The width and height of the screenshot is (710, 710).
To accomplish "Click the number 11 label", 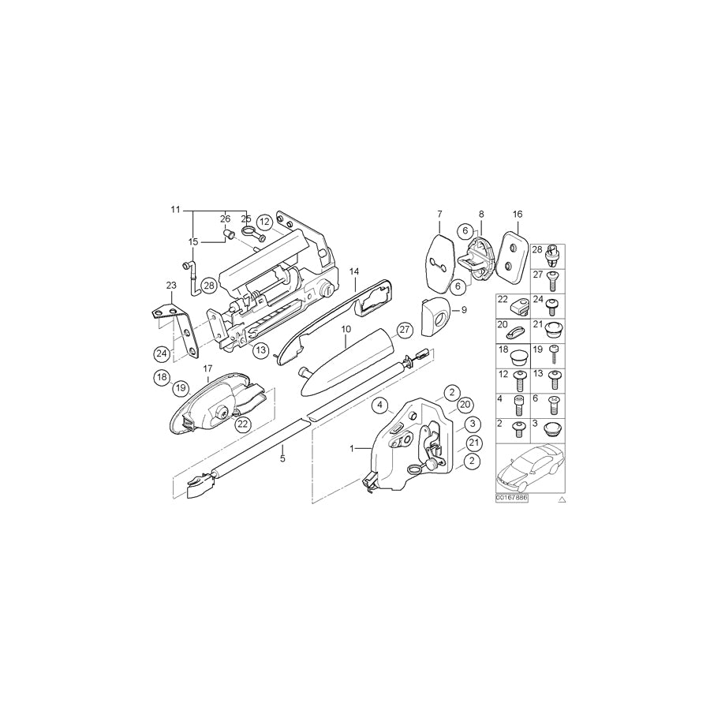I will pos(175,210).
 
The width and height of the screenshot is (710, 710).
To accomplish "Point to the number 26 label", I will pos(225,219).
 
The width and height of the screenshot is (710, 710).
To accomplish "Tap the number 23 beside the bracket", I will pos(171,285).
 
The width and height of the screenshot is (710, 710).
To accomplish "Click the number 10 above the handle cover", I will pos(345,327).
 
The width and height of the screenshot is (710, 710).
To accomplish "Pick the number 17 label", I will pos(208,368).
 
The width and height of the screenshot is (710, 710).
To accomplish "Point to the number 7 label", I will pos(439,214).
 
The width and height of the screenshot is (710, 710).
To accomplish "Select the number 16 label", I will pos(518,214).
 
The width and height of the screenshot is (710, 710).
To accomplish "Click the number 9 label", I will pos(464,310).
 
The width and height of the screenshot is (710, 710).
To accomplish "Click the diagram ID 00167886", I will pos(512,499).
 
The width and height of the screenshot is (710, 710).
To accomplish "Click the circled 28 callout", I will pos(208,286).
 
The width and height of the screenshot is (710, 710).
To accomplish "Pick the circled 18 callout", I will pos(161,379).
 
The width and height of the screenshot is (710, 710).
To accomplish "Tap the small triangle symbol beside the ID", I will pos(562,500).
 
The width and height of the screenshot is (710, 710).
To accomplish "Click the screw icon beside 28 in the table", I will pos(555,252).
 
